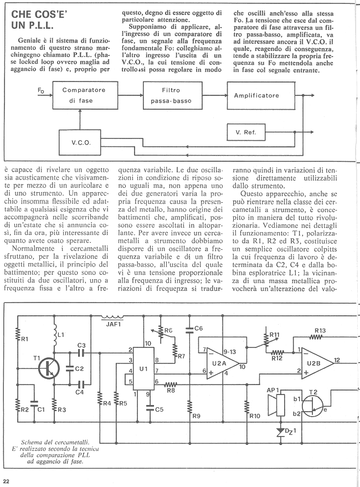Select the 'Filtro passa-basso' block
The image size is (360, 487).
click(172, 95)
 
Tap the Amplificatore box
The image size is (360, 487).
click(261, 95)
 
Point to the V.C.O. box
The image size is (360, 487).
click(80, 142)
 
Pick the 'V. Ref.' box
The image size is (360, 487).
click(246, 132)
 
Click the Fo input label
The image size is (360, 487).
click(41, 90)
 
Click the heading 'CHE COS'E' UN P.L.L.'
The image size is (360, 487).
click(39, 19)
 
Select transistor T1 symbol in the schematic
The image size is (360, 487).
click(49, 368)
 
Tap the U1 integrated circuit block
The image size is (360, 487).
click(143, 368)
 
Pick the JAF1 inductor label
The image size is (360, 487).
click(111, 324)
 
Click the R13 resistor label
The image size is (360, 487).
click(320, 330)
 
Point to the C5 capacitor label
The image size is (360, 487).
click(159, 409)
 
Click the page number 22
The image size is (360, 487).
click(6, 481)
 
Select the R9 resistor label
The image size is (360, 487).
click(196, 416)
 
